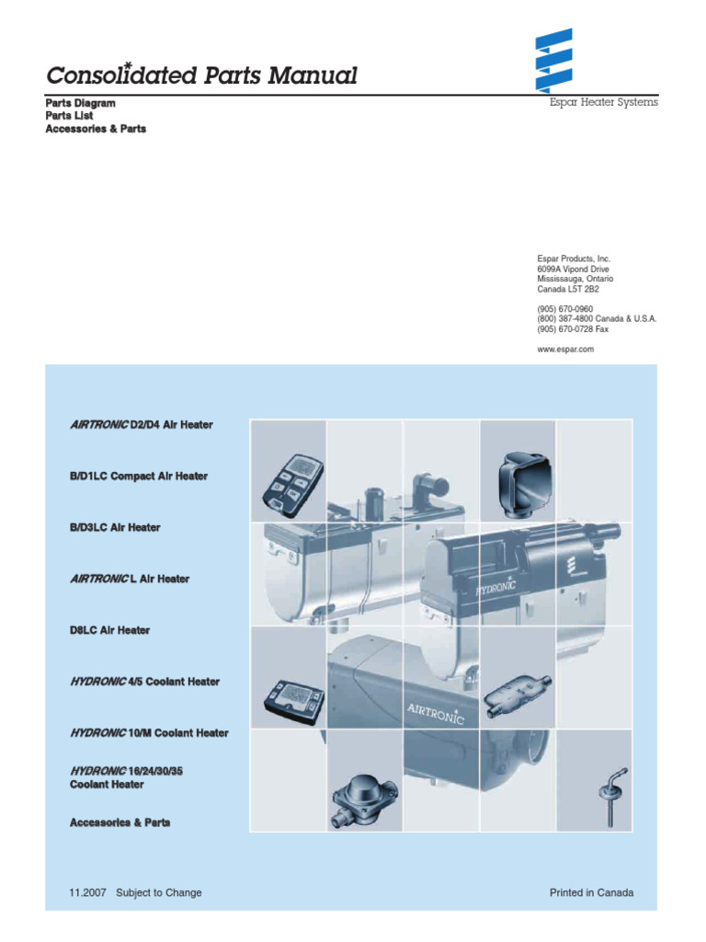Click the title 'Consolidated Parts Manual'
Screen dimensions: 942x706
(201, 75)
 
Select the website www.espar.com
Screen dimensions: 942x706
(565, 350)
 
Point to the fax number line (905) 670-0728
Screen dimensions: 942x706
(573, 329)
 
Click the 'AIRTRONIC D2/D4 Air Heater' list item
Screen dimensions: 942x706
(141, 425)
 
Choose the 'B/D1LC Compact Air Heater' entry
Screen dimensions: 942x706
(139, 477)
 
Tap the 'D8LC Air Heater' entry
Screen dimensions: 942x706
(109, 631)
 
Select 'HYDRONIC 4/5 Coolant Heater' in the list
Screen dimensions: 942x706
(144, 682)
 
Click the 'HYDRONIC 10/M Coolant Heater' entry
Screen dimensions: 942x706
(149, 733)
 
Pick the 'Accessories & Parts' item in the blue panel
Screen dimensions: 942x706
(120, 822)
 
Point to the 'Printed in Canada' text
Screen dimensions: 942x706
(591, 892)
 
